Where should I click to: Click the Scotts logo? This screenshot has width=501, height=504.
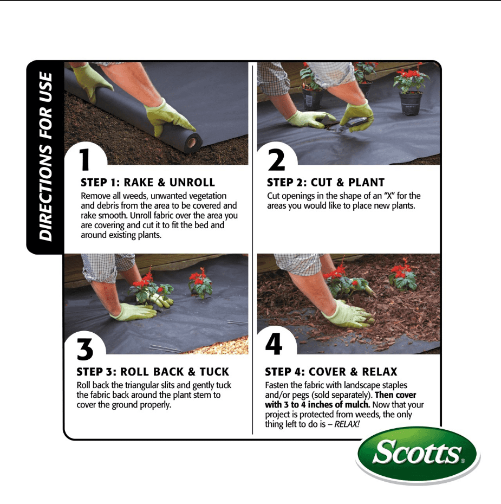[417, 454]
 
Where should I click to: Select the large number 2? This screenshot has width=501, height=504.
[276, 160]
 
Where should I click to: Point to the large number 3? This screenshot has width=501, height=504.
[84, 350]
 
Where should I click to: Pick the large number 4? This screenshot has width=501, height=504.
[274, 345]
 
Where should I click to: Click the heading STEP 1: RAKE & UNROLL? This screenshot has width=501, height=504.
[148, 183]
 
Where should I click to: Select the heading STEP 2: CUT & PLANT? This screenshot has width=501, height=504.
[326, 183]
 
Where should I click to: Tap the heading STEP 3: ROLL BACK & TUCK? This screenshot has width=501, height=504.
[153, 372]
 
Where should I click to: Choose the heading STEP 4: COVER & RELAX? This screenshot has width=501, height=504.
[331, 372]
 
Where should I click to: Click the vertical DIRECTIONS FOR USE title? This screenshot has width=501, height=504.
[45, 157]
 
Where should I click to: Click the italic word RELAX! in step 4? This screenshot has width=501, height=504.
[347, 424]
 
